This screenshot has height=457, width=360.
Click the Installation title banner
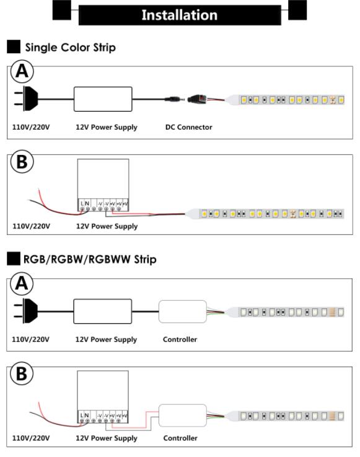tap(180, 15)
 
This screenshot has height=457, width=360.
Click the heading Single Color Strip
tap(70, 47)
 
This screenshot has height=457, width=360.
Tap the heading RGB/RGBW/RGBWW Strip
tap(90, 259)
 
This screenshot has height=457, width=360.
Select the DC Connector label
tap(189, 127)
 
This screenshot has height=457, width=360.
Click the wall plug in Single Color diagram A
tap(26, 99)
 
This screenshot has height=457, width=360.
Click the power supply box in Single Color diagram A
tap(103, 99)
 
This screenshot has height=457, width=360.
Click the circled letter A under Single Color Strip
tap(22, 71)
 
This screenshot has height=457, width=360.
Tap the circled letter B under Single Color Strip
tap(22, 162)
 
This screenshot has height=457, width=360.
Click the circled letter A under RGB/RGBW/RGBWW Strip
tap(22, 283)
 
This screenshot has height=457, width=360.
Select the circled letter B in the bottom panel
tap(22, 374)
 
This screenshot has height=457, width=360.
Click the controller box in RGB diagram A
tap(183, 311)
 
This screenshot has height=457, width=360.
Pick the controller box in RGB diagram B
tap(183, 415)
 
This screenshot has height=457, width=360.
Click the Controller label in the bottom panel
tap(180, 438)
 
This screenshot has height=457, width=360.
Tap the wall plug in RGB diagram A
tap(25, 311)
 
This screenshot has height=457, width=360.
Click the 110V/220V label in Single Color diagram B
tap(31, 226)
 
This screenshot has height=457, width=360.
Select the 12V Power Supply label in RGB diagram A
tap(106, 340)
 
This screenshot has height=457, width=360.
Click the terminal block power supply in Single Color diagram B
tap(103, 185)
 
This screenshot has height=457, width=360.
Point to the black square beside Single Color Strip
tap(14, 47)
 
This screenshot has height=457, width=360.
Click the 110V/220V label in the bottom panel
tap(30, 438)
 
